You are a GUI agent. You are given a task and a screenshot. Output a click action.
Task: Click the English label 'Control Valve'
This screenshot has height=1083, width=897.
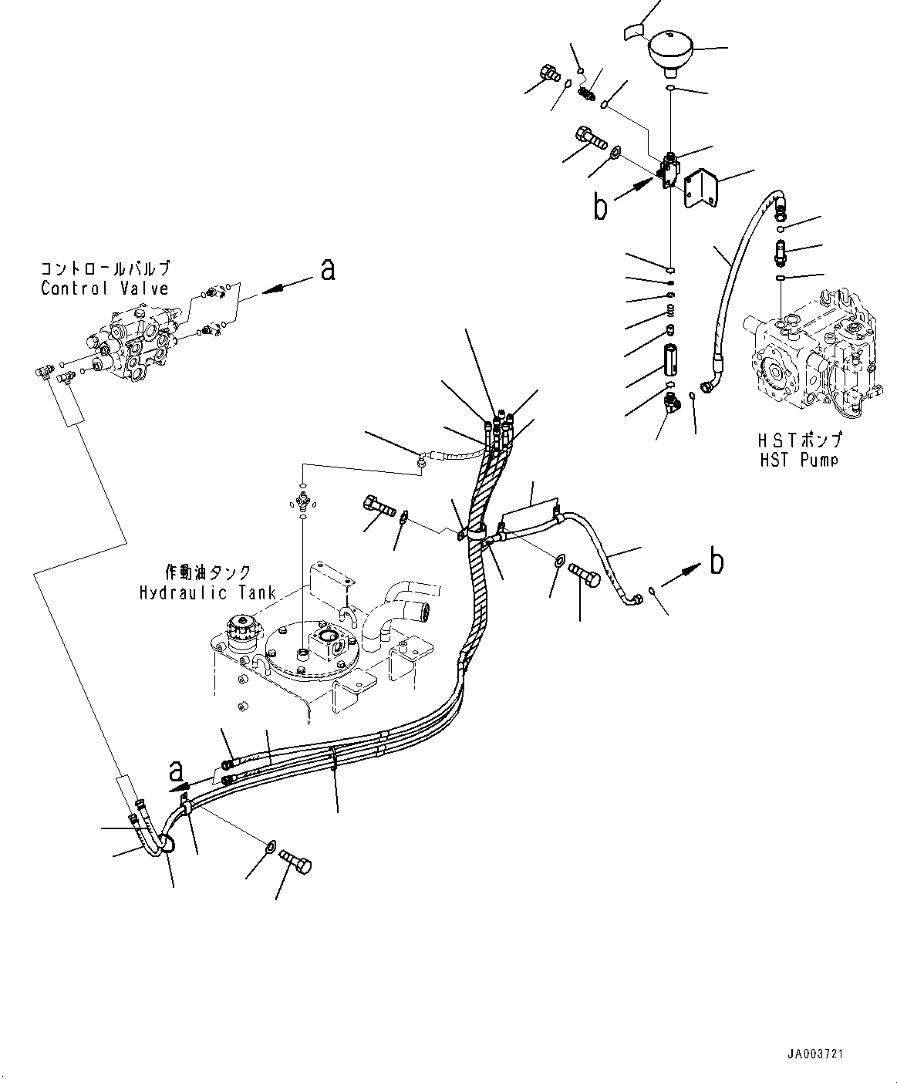coord(104,288)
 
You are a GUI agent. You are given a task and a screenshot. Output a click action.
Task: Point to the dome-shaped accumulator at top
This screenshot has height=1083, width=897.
coord(673,50)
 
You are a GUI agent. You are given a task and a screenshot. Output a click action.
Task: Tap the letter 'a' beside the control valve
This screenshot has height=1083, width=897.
coord(328,269)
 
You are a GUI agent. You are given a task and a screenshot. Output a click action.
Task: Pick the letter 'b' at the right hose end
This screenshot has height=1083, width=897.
coord(717,562)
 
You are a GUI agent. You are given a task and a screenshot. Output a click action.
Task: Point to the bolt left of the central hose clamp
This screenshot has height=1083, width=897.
coord(377,508)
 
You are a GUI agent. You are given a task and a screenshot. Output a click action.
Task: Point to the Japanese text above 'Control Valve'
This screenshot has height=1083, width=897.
coord(104,269)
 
